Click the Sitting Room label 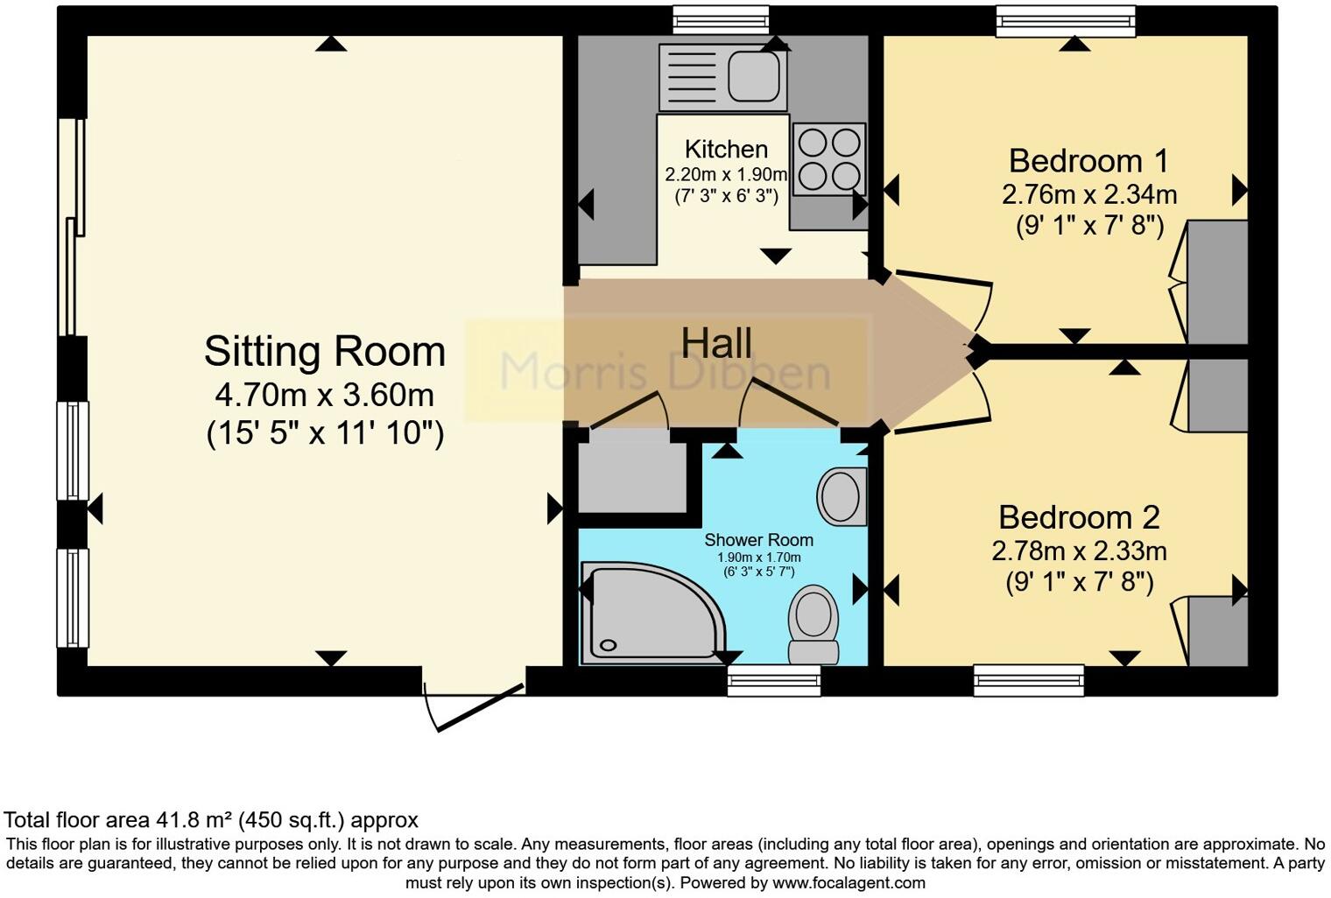(x=324, y=352)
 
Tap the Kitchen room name (x=726, y=149)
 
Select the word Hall (x=716, y=343)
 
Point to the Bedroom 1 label (x=1088, y=161)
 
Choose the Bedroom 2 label (x=1079, y=517)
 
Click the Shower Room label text (x=759, y=540)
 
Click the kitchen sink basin (x=754, y=76)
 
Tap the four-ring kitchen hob (x=829, y=159)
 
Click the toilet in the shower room (x=813, y=624)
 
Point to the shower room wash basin (x=842, y=496)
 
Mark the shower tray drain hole (x=609, y=645)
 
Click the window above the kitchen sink (x=721, y=21)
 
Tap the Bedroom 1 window (x=1066, y=21)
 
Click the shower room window (x=774, y=681)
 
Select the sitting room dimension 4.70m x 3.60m (x=324, y=396)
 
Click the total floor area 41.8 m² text (x=211, y=820)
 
